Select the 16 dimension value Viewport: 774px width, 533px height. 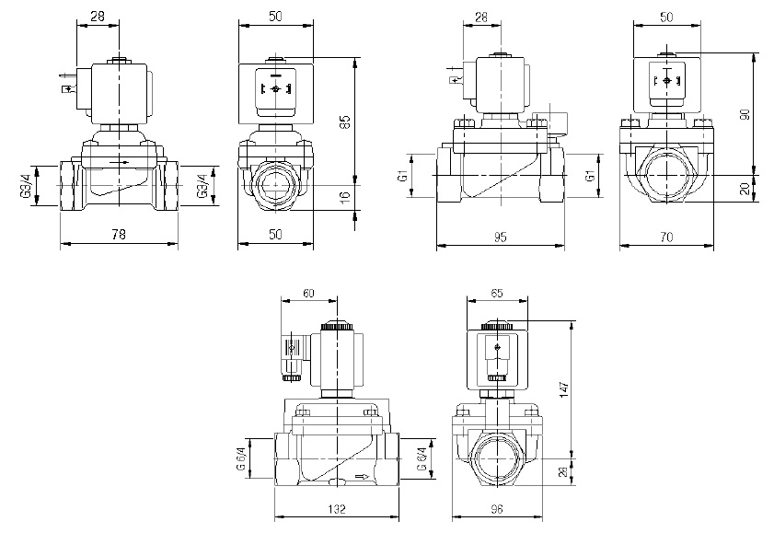[x=345, y=196]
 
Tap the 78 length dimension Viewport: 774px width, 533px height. [x=118, y=236]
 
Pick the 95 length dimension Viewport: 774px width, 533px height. [x=499, y=237]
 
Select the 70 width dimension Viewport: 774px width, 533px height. [x=666, y=237]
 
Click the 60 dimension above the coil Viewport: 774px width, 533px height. [x=307, y=293]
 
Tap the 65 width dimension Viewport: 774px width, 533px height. [x=498, y=293]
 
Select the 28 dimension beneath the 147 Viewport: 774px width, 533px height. [x=565, y=471]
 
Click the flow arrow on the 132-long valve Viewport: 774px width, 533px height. [x=363, y=477]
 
